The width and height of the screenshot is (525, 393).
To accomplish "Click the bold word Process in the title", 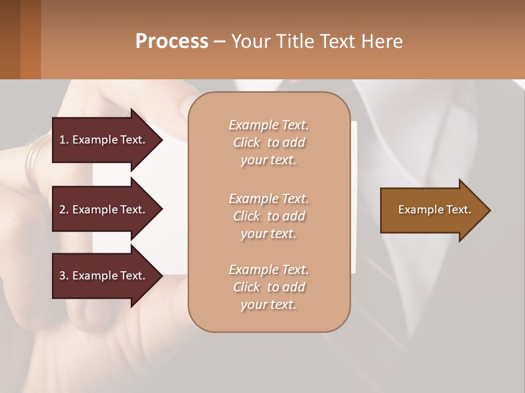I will click(x=172, y=41).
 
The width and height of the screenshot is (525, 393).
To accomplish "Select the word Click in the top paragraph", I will click(x=247, y=143).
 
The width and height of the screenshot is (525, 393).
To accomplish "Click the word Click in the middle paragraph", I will click(x=247, y=217).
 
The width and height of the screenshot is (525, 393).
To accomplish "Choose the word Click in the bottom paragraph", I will click(x=247, y=288).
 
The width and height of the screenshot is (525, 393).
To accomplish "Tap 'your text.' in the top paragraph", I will click(x=268, y=160).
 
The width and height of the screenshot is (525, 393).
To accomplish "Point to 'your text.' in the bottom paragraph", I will click(x=268, y=305).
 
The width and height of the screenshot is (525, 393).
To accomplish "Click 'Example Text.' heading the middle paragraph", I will click(x=269, y=199).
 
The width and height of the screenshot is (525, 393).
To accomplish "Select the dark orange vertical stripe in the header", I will click(x=30, y=39).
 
